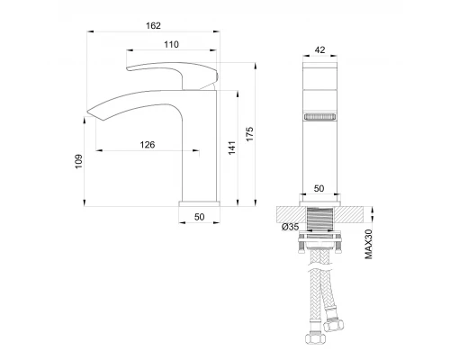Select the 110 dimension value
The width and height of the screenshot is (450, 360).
[171, 44]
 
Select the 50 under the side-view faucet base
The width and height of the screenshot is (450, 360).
[200, 218]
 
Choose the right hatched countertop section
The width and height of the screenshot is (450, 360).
[354, 214]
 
